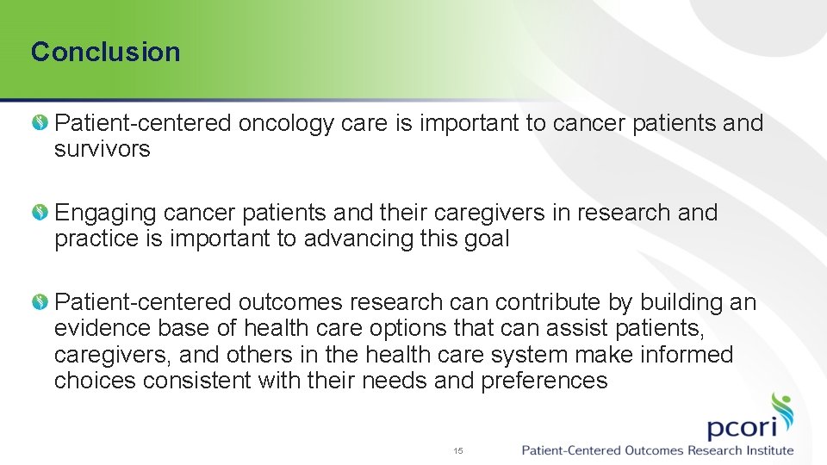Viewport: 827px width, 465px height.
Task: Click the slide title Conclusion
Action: coord(105,52)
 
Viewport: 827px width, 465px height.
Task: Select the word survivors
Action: coord(102,149)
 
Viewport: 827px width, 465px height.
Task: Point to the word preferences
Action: coord(544,380)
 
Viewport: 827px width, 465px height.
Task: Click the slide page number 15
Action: coord(458,450)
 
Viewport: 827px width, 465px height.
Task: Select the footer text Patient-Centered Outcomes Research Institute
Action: coord(657,450)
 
